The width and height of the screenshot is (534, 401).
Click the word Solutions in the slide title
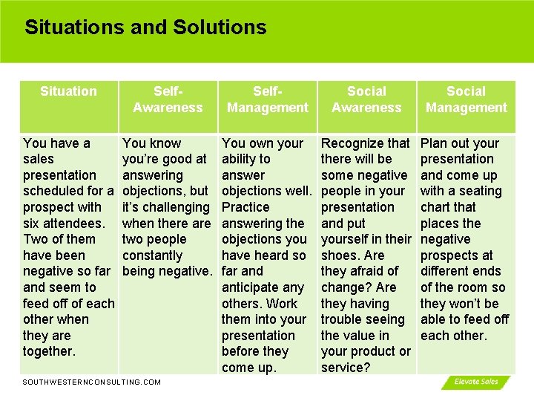[220, 28]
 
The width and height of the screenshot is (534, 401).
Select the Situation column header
[68, 91]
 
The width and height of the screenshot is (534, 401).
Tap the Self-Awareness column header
[168, 100]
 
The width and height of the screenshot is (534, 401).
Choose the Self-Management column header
[268, 100]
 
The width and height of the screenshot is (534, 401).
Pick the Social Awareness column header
[367, 100]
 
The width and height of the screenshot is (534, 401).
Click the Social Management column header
[467, 100]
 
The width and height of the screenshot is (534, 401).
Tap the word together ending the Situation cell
[49, 352]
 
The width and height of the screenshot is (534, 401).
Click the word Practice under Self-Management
[245, 207]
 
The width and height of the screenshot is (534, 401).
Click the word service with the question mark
[345, 368]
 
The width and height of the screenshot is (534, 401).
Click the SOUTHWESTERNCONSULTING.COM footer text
[92, 382]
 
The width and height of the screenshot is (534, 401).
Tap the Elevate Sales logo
[476, 382]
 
